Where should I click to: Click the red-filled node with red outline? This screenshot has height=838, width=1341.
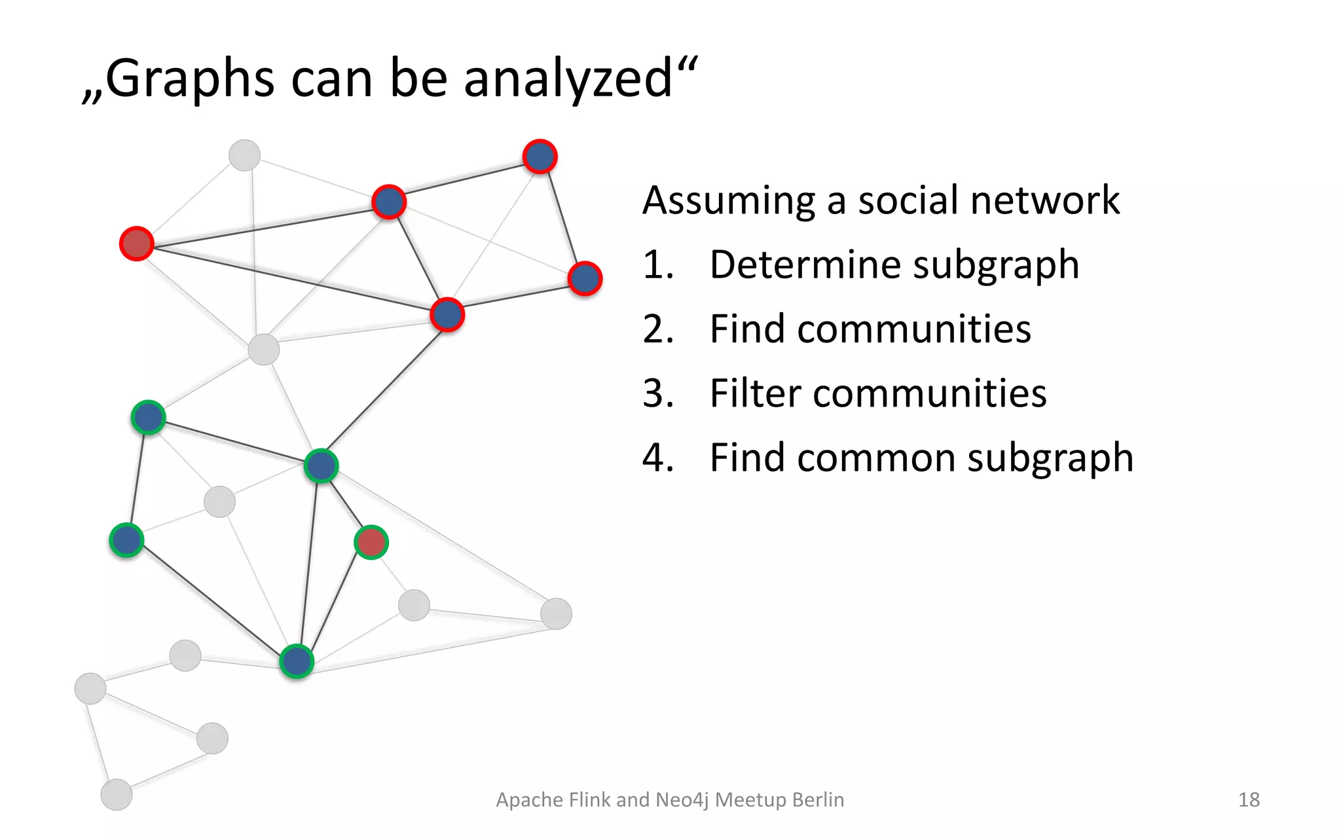[137, 244]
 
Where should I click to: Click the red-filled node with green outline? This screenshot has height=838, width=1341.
[371, 542]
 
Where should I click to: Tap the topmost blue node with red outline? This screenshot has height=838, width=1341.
[540, 156]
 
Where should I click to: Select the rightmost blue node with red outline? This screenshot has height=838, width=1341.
[585, 279]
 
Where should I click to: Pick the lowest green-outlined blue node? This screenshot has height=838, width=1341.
[297, 661]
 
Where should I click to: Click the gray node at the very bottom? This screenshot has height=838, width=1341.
[117, 795]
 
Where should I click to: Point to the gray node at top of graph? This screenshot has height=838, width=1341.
[244, 155]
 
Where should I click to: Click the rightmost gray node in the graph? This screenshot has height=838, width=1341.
[557, 613]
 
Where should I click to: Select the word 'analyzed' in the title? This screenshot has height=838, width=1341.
[568, 79]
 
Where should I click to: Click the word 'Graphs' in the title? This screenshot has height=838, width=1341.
[190, 79]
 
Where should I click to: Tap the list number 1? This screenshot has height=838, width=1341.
[657, 265]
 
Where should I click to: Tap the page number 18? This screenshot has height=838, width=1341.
[1249, 799]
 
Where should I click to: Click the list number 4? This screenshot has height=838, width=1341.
[657, 458]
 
